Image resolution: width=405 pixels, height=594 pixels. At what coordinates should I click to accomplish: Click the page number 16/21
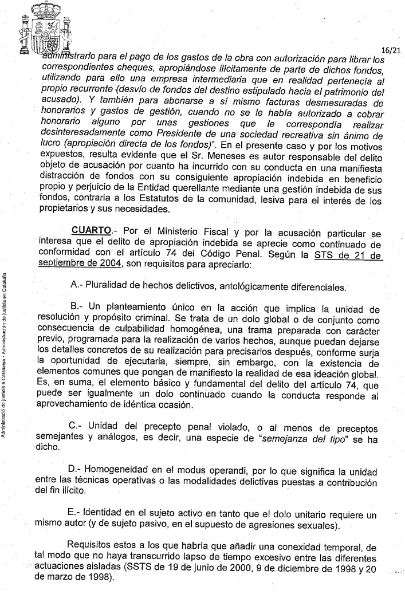392,51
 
